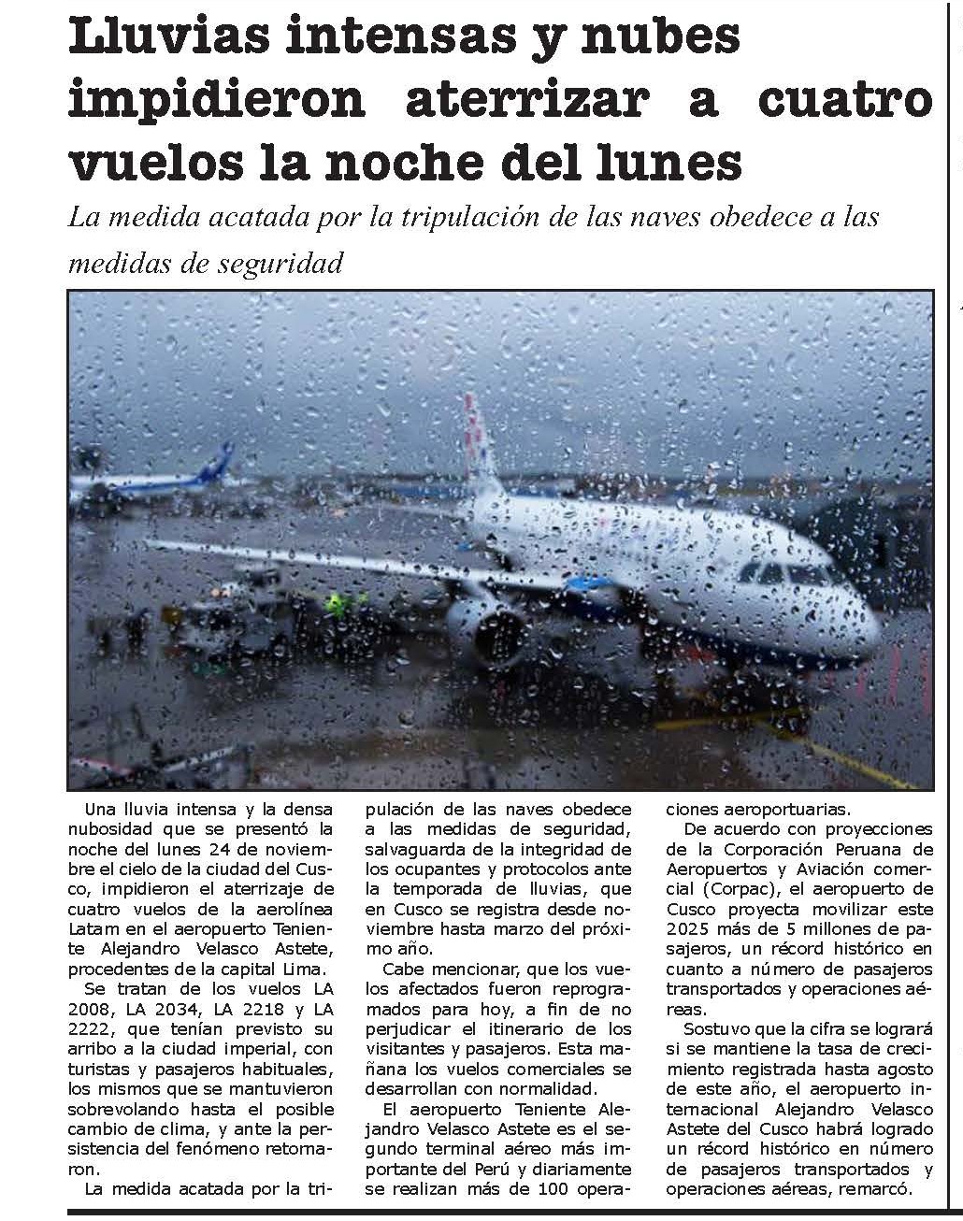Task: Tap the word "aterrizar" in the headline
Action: point(525,100)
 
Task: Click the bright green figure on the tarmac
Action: point(335,603)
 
